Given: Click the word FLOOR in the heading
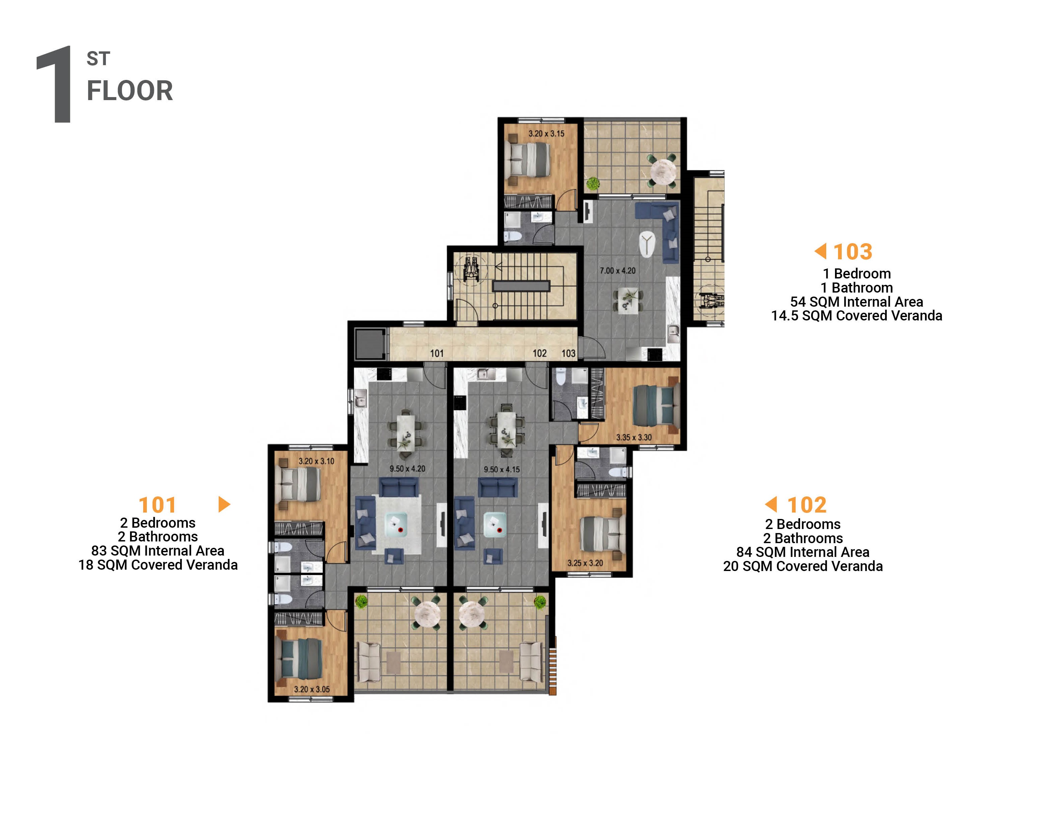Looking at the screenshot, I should [130, 91].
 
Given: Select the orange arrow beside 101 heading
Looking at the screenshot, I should [224, 504].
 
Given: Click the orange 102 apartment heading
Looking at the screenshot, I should [806, 505].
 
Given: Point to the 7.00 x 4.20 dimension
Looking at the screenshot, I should [617, 270].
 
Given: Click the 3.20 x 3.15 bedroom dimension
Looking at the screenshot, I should [546, 133].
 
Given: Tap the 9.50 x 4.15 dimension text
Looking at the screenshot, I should [501, 469].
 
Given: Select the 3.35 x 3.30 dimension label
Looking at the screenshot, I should [634, 437].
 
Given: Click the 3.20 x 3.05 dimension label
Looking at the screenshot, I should [311, 689].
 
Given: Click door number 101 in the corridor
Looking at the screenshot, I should [436, 353].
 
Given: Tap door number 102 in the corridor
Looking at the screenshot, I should [540, 353].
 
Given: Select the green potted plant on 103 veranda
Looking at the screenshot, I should [593, 183].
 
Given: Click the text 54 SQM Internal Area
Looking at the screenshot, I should [856, 302].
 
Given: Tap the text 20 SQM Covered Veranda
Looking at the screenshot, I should [802, 566].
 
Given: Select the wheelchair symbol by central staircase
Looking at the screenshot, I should [471, 269].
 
